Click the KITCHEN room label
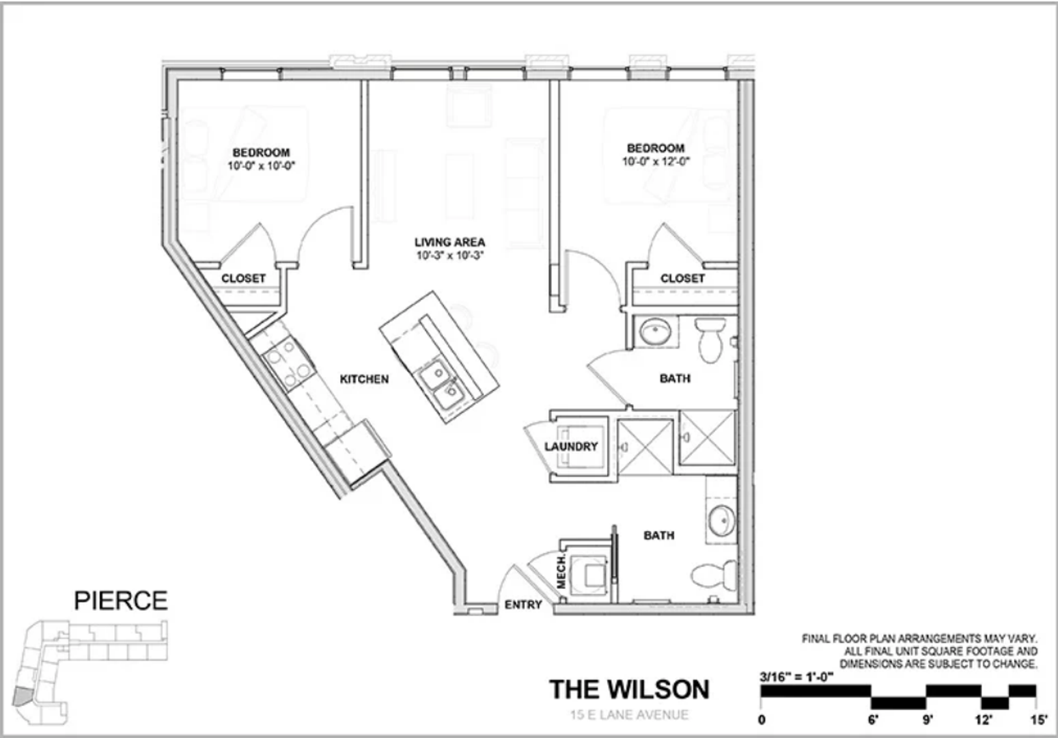[364, 379]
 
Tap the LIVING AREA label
[449, 242]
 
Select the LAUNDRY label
[571, 446]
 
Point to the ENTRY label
[523, 605]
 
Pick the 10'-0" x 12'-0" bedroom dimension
[656, 162]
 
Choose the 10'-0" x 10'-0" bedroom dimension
[261, 166]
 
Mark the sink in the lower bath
[721, 521]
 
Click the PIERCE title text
[121, 601]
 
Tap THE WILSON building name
[629, 689]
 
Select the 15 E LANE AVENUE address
[629, 715]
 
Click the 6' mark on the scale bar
[873, 719]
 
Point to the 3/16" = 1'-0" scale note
[796, 677]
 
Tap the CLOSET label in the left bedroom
[243, 279]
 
